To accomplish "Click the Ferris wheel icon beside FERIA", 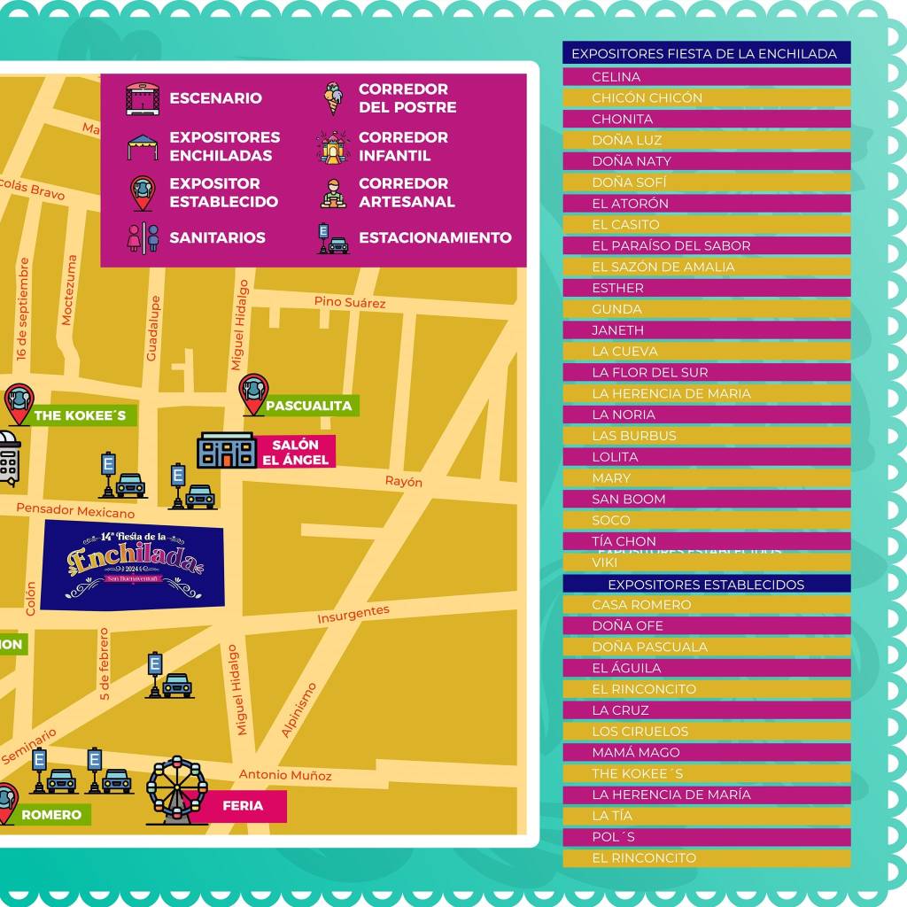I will [176, 790].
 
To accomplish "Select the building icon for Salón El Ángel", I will [226, 451].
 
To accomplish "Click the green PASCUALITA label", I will [309, 406].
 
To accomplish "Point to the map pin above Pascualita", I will [253, 392].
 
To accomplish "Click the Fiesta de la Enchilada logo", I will [133, 563].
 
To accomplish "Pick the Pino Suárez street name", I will [350, 302].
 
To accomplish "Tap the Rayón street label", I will [403, 482].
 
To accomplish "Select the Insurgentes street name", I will [353, 614].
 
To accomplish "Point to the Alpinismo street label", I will [298, 709].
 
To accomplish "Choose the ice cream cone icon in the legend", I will [332, 98].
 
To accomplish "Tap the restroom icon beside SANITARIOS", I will [143, 237].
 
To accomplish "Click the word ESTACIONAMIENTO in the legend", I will [435, 237].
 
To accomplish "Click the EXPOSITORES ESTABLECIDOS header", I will [706, 585].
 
